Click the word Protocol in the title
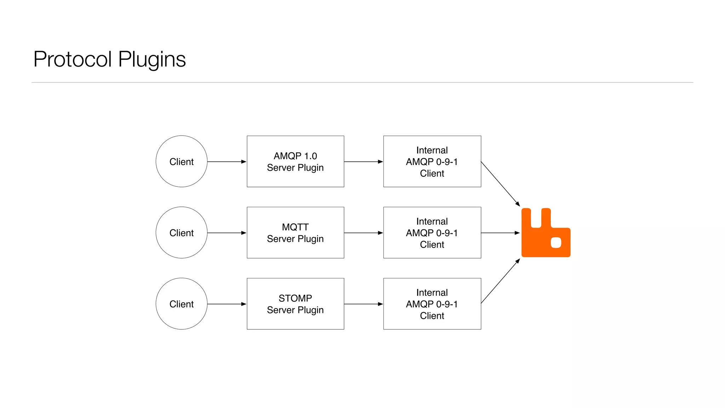73,59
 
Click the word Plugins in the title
152,59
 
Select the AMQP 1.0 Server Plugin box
295,161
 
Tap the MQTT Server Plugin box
295,233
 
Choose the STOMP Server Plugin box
295,304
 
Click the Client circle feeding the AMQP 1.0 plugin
181,161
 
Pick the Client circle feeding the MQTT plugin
181,233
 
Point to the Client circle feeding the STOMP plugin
181,304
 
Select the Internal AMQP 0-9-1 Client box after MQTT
432,233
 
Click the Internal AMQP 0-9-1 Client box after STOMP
432,304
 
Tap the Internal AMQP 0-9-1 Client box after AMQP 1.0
432,161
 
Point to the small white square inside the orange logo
556,243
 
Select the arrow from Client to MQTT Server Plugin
227,233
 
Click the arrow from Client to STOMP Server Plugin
227,304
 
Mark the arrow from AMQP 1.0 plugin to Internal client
363,161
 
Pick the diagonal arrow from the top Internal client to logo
500,184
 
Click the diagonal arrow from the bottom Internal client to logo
500,281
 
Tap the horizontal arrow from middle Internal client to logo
500,233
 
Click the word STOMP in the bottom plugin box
295,298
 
